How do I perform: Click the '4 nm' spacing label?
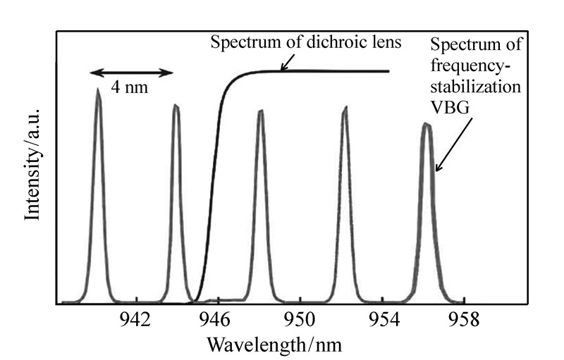click(x=130, y=89)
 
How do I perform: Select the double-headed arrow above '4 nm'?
click(x=131, y=73)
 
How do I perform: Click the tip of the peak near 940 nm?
click(x=98, y=89)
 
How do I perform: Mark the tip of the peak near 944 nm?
click(x=176, y=106)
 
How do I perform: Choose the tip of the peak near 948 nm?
click(x=260, y=111)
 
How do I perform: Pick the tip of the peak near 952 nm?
click(x=345, y=107)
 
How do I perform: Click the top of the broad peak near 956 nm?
click(x=426, y=124)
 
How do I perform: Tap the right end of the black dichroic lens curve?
click(x=389, y=70)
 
